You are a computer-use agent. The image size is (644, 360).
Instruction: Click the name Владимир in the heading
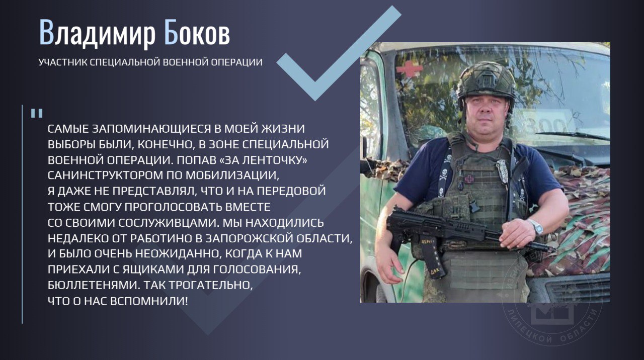[97, 33]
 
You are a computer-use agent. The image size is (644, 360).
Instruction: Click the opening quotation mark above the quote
[37, 113]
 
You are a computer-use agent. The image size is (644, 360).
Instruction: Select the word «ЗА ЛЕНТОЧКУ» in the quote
[263, 160]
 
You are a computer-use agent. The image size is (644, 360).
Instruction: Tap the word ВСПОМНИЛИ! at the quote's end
[149, 301]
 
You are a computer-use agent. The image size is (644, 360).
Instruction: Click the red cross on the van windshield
[410, 69]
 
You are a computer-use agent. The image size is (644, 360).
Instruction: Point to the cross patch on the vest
[469, 179]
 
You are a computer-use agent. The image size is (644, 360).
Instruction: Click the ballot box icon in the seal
[552, 313]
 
